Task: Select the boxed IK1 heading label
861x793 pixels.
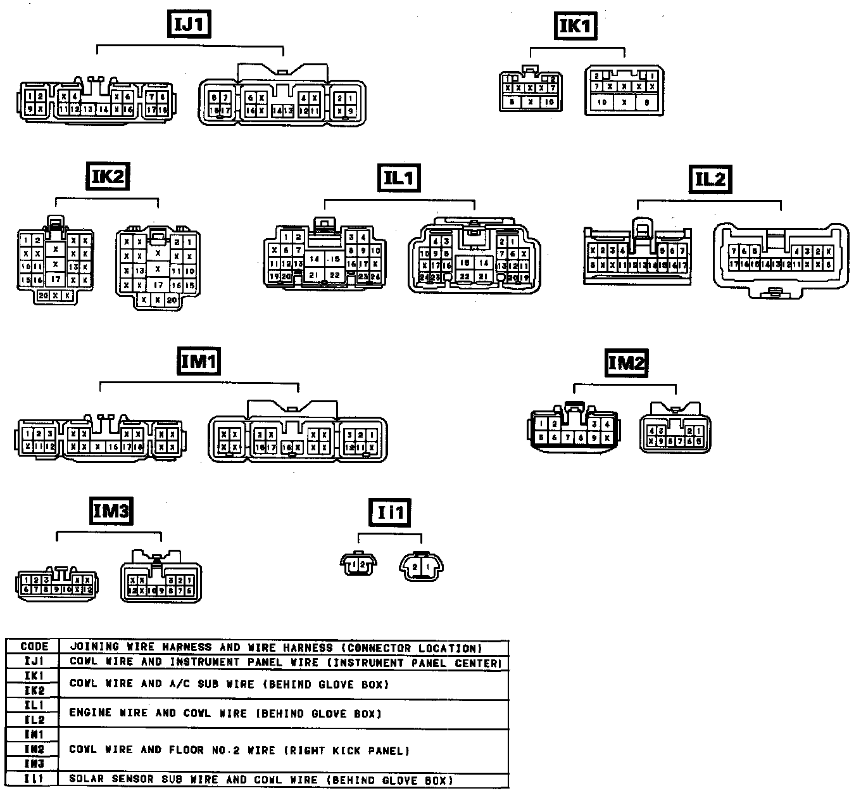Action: tap(576, 26)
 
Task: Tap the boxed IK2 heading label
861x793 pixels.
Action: tap(108, 176)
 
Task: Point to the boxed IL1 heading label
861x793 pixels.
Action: tap(399, 178)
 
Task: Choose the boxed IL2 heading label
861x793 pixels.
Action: tap(710, 179)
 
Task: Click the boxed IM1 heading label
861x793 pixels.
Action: tap(199, 362)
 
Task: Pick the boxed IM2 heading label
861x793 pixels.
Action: tap(626, 363)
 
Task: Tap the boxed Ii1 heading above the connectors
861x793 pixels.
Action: tap(391, 512)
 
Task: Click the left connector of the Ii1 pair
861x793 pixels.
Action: tap(358, 563)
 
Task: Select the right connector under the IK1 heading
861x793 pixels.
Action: tap(624, 91)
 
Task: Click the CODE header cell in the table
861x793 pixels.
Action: tap(34, 647)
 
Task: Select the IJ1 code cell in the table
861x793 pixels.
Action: tap(34, 662)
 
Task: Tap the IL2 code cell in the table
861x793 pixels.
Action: tap(34, 720)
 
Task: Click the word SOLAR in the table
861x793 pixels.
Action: tap(86, 780)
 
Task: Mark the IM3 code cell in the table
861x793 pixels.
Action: tap(34, 764)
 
